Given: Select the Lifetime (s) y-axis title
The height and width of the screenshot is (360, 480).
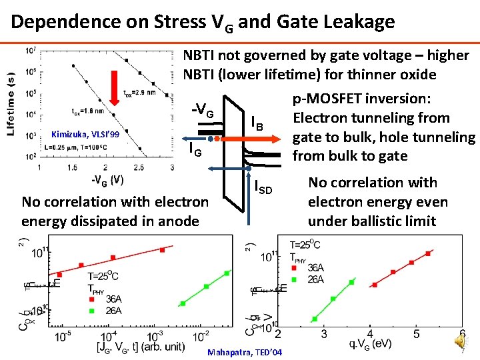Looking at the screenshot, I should pos(11,97).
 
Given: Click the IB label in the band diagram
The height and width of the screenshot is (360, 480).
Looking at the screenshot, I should pos(257,123).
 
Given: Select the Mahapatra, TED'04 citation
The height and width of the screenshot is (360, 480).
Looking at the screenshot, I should pos(245,352).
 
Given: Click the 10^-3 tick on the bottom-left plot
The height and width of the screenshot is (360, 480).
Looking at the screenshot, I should pos(155,335).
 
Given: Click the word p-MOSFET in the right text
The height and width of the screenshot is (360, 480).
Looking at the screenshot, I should pos(327,99).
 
